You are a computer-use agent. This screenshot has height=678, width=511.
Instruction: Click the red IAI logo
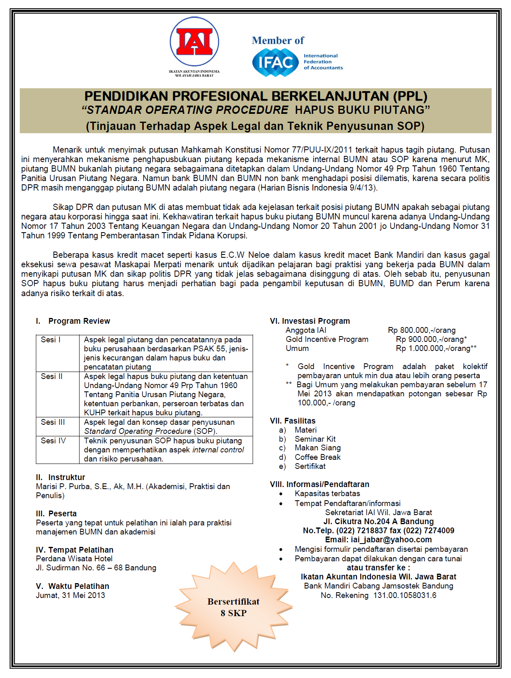pos(194,42)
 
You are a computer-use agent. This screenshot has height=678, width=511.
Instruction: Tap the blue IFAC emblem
pos(275,62)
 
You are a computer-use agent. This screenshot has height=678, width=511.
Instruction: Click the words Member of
pos(278,40)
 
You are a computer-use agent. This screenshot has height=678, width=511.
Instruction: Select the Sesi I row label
pos(51,340)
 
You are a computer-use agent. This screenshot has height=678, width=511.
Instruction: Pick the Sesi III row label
pos(53,422)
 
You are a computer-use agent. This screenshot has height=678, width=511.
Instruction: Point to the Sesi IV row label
pos(53,441)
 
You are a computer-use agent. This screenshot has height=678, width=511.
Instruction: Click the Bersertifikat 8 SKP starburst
pos(234,607)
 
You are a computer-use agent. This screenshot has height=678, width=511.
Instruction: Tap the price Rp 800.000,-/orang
pos(422,330)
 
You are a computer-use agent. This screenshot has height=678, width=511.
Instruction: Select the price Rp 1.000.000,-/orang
pos(436,348)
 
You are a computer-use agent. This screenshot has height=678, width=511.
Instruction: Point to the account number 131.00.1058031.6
pos(405,596)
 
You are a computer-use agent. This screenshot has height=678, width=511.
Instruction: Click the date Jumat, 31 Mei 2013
pos(70,596)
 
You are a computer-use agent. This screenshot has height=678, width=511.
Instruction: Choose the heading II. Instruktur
pos(61,478)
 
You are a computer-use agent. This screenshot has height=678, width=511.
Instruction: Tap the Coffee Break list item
pos(317,457)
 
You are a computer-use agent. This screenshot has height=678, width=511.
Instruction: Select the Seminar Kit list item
pos(315,439)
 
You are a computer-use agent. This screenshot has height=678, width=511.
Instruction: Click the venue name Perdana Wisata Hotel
pos(74,559)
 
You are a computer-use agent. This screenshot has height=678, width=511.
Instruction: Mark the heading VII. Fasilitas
pos(293,421)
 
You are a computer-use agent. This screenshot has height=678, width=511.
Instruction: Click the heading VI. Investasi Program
pos(310,321)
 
